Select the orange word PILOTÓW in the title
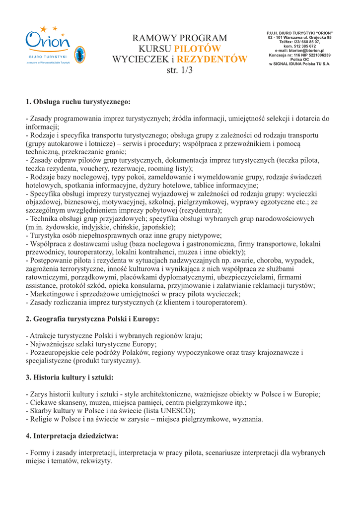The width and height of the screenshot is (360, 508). coord(197,49)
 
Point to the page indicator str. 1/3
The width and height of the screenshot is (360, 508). coord(179,71)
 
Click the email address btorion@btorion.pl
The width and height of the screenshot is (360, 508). coord(299,51)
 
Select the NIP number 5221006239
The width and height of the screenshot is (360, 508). coord(318,55)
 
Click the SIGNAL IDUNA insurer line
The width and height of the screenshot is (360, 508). coord(299,63)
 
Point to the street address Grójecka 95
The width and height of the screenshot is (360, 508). coord(315,38)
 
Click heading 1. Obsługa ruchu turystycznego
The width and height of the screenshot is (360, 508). coord(78,102)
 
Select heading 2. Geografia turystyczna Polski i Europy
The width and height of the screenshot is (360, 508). coord(92,318)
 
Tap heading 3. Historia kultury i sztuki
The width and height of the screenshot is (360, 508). coord(70,378)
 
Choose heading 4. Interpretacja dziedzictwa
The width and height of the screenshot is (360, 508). coord(72,437)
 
